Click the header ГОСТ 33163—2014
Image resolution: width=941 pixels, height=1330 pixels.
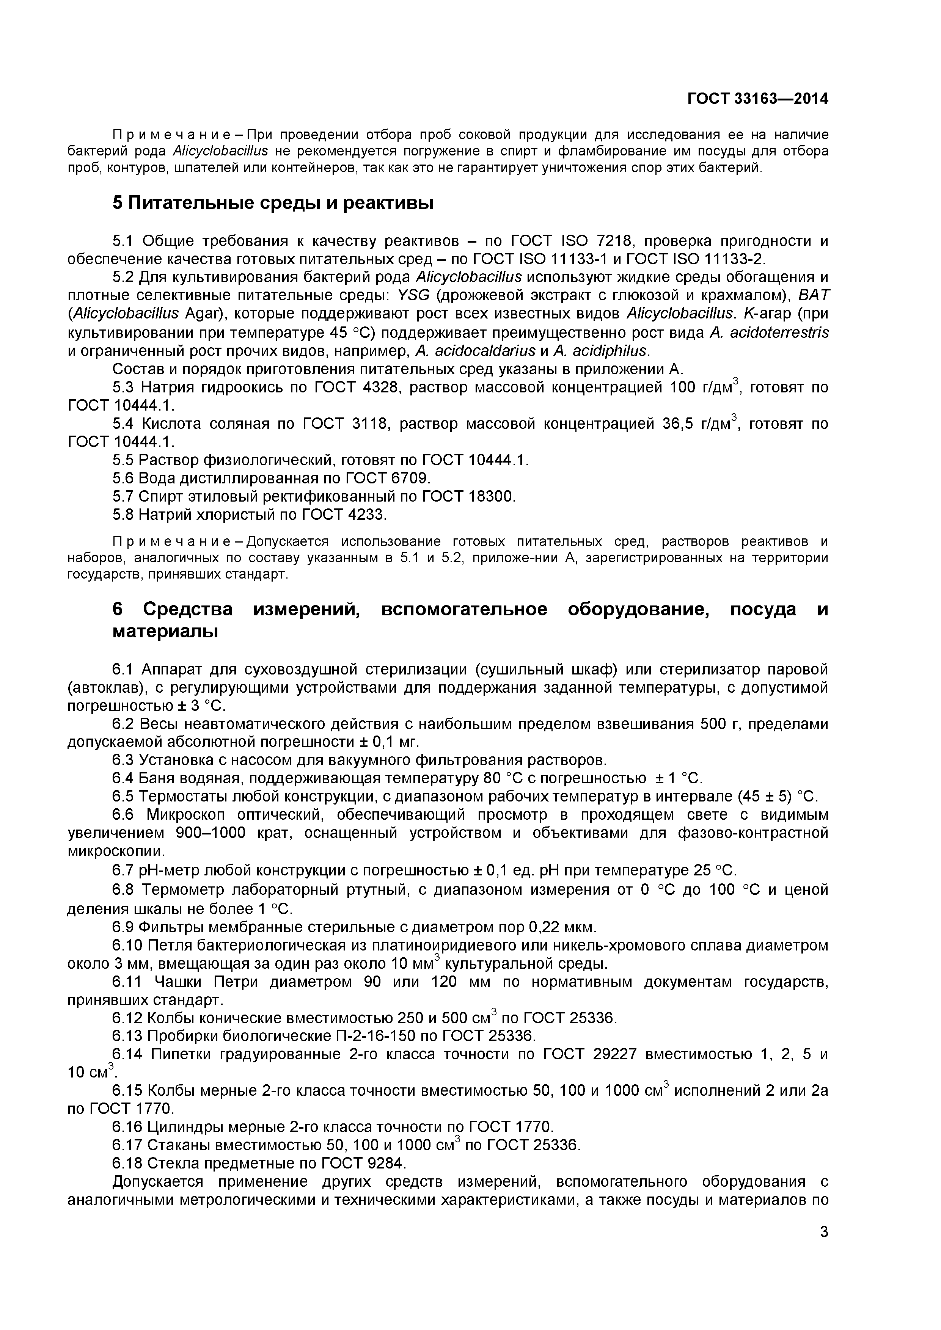757,99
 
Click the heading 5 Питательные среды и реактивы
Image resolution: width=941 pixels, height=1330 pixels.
272,203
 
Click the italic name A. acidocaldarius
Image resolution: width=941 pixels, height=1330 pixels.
476,351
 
